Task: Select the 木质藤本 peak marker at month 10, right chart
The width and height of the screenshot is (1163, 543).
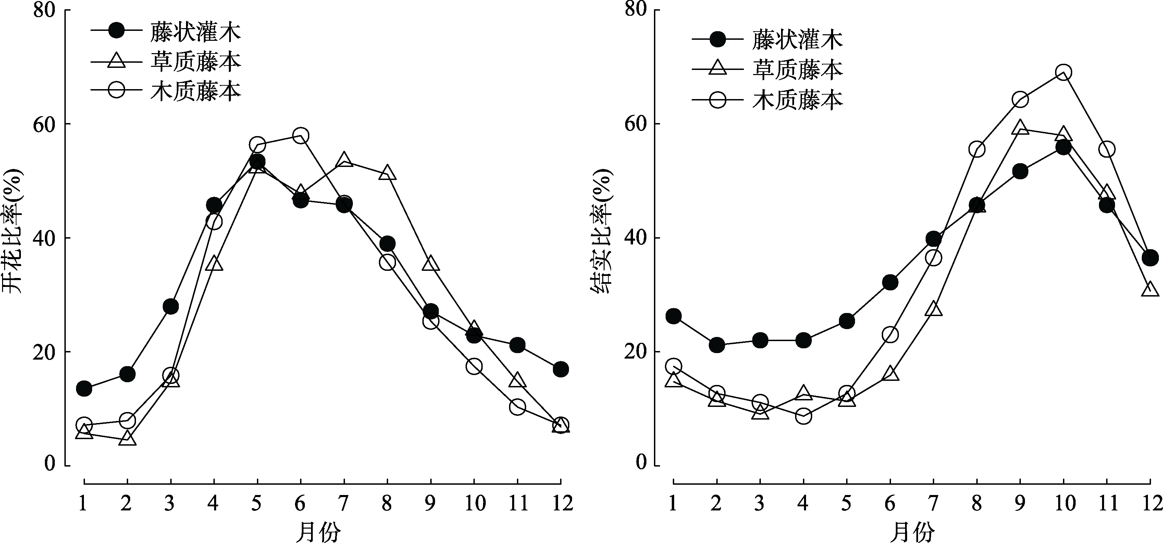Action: [1063, 72]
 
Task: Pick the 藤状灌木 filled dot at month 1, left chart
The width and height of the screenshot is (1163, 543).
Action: [84, 388]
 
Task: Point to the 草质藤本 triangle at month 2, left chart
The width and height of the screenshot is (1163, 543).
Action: [127, 438]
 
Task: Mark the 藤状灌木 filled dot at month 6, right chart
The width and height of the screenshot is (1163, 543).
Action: [890, 283]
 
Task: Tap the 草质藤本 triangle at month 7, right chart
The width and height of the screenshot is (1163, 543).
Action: [933, 309]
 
